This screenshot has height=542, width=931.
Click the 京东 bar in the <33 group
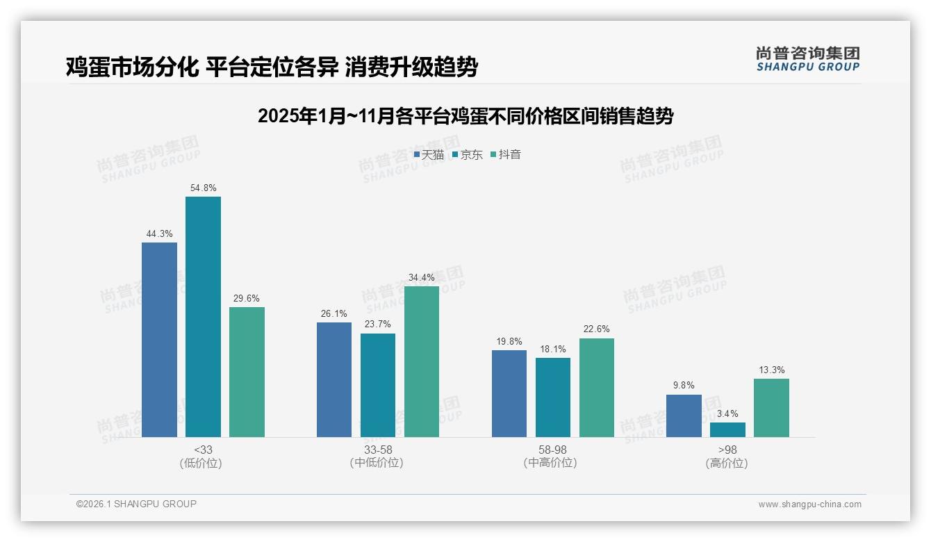pyautogui.click(x=203, y=317)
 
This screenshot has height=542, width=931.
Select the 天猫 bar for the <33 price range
pyautogui.click(x=159, y=340)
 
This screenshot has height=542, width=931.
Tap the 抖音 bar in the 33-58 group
pyautogui.click(x=422, y=361)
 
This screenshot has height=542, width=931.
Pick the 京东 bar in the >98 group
pyautogui.click(x=727, y=429)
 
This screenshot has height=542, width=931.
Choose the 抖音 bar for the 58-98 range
pyautogui.click(x=597, y=388)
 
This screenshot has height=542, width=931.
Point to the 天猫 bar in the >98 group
pyautogui.click(x=684, y=416)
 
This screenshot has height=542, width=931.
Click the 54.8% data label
pyautogui.click(x=203, y=188)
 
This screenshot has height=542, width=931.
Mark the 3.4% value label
pyautogui.click(x=727, y=413)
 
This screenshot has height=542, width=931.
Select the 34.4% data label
pyautogui.click(x=422, y=277)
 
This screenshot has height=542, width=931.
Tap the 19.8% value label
pyautogui.click(x=509, y=341)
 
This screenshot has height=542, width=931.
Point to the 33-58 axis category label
pyautogui.click(x=378, y=450)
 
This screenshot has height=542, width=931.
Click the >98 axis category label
pyautogui.click(x=727, y=450)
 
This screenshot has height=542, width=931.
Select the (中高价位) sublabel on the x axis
pyautogui.click(x=552, y=463)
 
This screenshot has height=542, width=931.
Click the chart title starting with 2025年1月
pyautogui.click(x=465, y=116)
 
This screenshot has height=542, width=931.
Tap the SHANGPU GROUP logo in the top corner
pyautogui.click(x=807, y=59)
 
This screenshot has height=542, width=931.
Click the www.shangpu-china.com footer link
pyautogui.click(x=809, y=504)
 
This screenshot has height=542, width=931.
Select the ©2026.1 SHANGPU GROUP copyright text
pyautogui.click(x=136, y=504)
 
